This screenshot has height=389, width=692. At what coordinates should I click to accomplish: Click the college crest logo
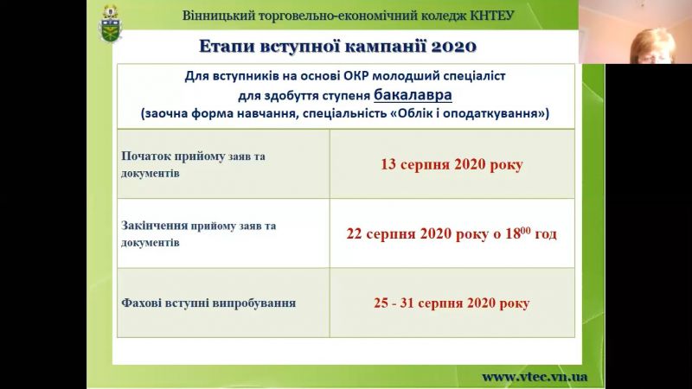(111, 24)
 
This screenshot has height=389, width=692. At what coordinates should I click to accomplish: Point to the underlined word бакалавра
(413, 95)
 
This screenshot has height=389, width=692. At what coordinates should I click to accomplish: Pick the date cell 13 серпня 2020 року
(452, 164)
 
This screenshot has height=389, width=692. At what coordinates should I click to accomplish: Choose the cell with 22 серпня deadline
(452, 233)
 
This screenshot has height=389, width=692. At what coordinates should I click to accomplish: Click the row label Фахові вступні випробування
(208, 303)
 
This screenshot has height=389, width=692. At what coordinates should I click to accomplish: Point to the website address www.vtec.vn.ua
(535, 377)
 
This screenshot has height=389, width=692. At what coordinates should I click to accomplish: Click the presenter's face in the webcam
(651, 47)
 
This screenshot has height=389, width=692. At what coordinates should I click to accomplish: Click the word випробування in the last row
(253, 303)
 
